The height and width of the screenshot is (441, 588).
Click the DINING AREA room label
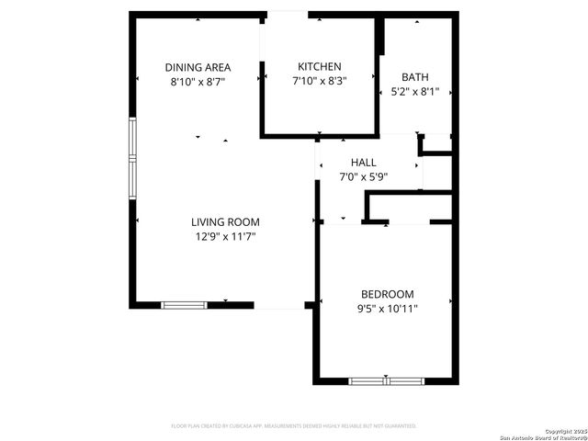click(198, 67)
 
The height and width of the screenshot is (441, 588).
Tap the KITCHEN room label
click(320, 66)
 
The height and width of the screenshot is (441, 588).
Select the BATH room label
click(415, 77)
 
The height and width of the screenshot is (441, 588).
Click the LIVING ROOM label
click(225, 221)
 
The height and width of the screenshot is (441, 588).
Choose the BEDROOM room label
click(387, 294)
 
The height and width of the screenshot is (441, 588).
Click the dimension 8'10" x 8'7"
click(198, 82)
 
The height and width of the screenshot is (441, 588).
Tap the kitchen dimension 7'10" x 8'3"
click(320, 81)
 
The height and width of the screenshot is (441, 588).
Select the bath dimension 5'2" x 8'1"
click(415, 92)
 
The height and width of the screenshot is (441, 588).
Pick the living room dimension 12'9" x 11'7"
click(225, 236)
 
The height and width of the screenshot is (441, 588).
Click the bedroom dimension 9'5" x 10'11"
click(387, 309)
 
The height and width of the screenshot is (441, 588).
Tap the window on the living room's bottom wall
click(184, 304)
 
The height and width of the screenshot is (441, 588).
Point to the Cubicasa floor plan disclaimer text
click(294, 426)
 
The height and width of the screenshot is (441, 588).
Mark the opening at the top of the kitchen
click(287, 14)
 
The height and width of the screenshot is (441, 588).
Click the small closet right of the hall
click(437, 143)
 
